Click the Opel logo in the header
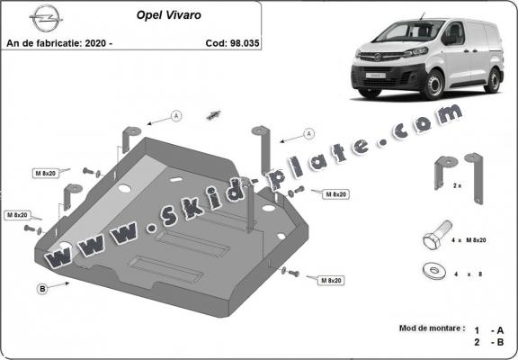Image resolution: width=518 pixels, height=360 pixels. coord(40,16)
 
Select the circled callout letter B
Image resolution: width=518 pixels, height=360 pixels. coord(42,288)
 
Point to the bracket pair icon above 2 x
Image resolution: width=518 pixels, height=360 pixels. coord(456,169)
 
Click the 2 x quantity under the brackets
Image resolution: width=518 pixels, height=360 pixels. coord(456,185)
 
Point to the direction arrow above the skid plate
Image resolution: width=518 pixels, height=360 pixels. coord(214,113)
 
